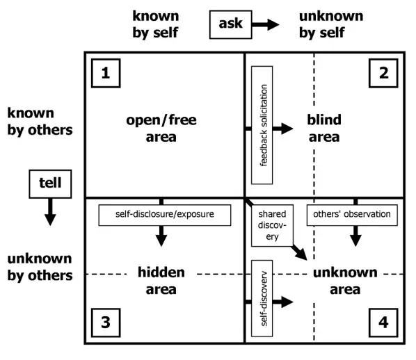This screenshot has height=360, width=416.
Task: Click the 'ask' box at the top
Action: [x=230, y=24]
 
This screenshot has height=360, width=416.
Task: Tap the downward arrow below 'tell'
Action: [x=49, y=211]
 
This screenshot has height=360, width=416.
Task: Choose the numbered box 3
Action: [x=105, y=322]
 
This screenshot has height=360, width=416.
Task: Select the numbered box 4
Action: [x=383, y=322]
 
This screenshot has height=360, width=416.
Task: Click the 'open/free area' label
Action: [x=161, y=129]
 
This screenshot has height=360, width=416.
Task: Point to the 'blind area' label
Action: [x=324, y=129]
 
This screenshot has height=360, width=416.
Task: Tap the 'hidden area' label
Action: [x=161, y=281]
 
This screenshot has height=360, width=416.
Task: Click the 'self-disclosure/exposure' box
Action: [x=164, y=214]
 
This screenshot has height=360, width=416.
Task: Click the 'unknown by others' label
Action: [x=40, y=268]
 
